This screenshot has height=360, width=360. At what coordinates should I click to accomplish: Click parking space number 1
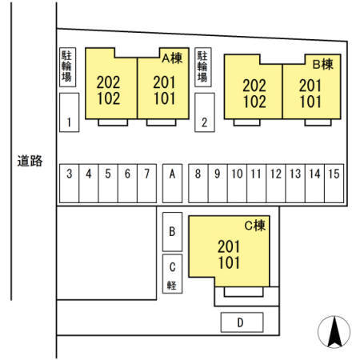tap(70, 112)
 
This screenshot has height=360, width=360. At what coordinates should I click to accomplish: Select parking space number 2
tap(205, 112)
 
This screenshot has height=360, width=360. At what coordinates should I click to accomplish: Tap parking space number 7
tap(147, 183)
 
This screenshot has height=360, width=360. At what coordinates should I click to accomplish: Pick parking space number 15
tap(334, 183)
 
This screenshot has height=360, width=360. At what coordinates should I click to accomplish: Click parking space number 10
tap(237, 183)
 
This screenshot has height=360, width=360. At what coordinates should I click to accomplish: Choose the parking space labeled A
tap(172, 183)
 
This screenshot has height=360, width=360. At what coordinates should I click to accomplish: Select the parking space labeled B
tap(172, 232)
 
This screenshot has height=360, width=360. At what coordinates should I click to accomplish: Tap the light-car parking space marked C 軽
tap(172, 274)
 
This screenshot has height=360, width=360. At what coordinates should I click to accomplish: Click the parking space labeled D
tap(242, 322)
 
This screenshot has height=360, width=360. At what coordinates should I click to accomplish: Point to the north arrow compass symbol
tap(334, 332)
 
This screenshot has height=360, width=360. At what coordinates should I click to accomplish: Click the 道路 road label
tap(30, 161)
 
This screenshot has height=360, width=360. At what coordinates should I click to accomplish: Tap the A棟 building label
tap(172, 58)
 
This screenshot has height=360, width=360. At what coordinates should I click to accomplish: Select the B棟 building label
tap(323, 64)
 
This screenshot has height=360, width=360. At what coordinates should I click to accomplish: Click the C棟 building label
tap(255, 226)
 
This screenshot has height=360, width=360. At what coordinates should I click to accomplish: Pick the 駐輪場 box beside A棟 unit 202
tap(67, 67)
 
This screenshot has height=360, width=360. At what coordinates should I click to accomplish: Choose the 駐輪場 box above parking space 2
tap(203, 67)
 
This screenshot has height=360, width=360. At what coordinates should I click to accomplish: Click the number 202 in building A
tap(108, 82)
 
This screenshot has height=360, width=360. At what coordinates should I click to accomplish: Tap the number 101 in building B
tap(310, 102)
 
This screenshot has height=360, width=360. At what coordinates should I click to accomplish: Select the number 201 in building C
tap(229, 246)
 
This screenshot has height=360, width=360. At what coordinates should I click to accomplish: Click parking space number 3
tap(69, 183)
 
